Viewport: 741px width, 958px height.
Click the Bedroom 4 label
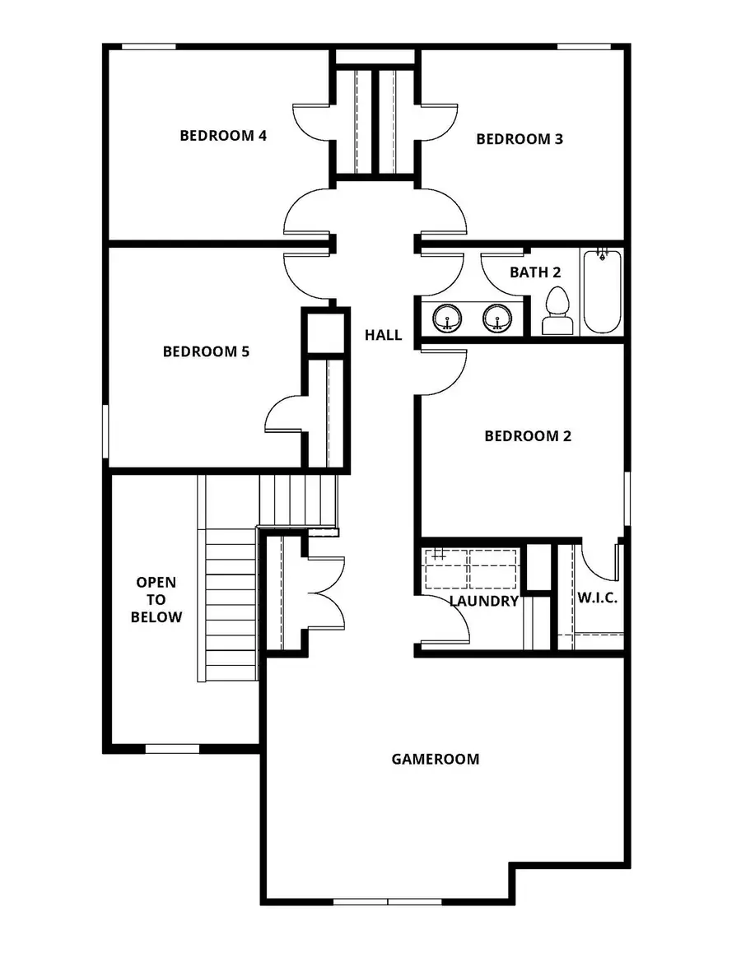coord(223,136)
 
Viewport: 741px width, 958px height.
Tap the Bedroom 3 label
coord(520,139)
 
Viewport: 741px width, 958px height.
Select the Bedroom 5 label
coord(206,352)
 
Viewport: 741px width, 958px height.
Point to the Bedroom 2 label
coord(528,436)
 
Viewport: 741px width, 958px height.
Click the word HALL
coord(384,335)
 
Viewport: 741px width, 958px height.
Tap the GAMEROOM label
coord(436,760)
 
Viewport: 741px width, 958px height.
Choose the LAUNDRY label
coord(483,601)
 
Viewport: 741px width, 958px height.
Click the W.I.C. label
coord(597,598)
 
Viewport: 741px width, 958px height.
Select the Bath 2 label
coord(535,272)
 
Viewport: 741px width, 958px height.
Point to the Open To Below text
coord(156,599)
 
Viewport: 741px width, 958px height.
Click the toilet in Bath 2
coord(557,310)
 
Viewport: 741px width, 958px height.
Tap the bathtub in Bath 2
coord(602,291)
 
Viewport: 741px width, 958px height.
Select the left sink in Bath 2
coord(448,319)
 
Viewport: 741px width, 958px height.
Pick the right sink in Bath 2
coord(497,319)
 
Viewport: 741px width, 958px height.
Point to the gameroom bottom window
coord(388,901)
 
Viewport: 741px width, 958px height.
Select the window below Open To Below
coord(172,748)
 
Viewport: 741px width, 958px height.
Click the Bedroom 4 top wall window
coord(149,46)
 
